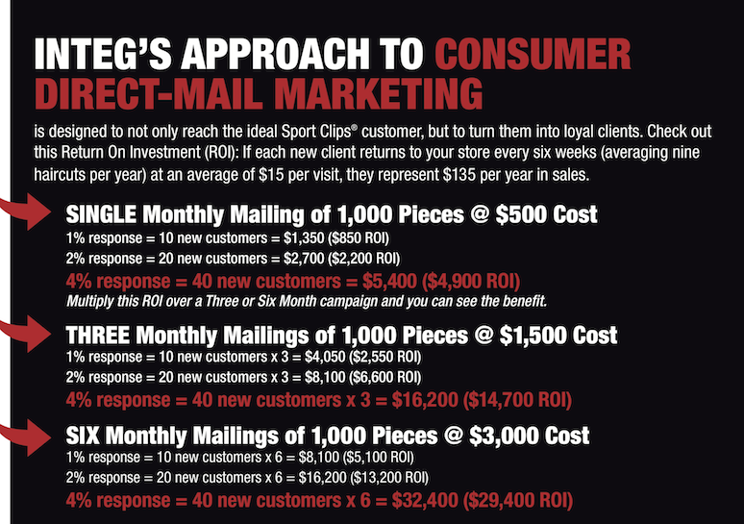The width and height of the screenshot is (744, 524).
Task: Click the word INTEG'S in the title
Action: [103, 54]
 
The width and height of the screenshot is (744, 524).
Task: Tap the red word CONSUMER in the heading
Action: [533, 54]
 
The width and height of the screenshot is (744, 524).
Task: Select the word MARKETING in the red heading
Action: [378, 93]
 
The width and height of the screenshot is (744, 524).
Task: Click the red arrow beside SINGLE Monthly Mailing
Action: [25, 211]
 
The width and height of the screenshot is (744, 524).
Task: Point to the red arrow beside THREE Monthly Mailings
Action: [25, 334]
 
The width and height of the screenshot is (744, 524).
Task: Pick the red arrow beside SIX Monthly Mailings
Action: [25, 437]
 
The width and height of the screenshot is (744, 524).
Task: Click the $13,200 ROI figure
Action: [389, 478]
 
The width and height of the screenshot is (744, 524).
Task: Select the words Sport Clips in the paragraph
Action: [316, 131]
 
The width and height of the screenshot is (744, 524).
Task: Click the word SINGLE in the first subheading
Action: [101, 214]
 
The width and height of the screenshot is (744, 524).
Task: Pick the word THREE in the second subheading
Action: [98, 336]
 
